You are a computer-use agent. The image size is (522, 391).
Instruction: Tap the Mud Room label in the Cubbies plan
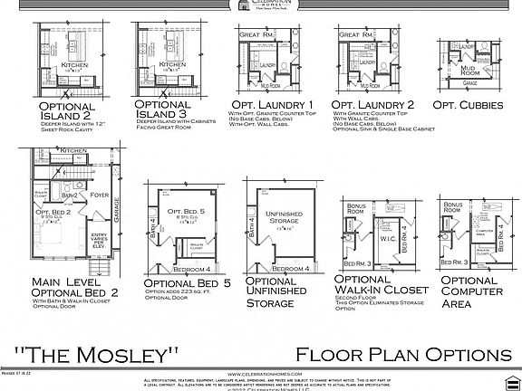coord(469,70)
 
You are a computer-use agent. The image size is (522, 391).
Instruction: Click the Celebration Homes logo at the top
coord(260,6)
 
